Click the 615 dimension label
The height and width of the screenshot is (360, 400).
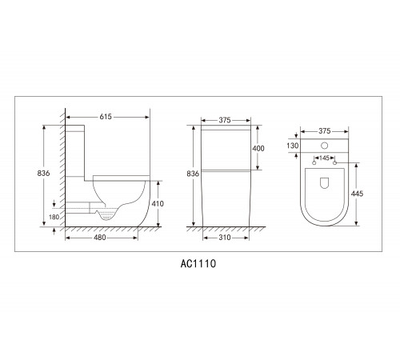click(106, 117)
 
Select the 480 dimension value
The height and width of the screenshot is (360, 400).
click(100, 238)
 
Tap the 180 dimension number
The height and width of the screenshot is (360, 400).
click(54, 217)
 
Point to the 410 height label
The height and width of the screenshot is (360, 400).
click(158, 204)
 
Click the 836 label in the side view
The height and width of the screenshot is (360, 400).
click(43, 174)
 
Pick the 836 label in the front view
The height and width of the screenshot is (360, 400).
click(193, 174)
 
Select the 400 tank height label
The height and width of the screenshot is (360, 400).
click(258, 149)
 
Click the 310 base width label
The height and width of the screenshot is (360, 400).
click(225, 238)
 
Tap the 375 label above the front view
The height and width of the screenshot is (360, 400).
click(225, 120)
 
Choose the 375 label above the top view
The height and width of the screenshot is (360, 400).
click(325, 131)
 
